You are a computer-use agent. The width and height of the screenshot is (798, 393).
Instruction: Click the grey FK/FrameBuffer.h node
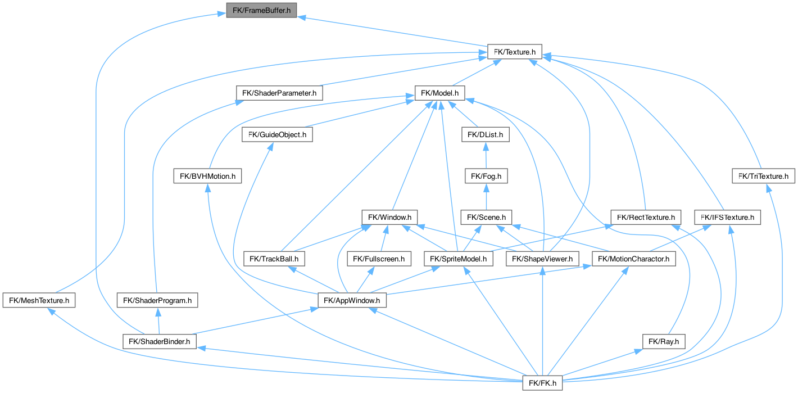pos(261,10)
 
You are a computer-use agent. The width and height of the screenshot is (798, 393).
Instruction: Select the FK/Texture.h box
pos(514,52)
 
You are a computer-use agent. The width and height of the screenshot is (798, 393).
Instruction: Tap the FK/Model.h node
pos(439,93)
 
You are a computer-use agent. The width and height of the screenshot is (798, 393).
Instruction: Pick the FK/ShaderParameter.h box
pos(279,93)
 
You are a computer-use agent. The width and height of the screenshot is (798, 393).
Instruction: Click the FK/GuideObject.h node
pos(277,135)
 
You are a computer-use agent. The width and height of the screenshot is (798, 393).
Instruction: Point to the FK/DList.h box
pos(485,135)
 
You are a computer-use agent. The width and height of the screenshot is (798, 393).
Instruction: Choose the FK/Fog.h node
pos(486,176)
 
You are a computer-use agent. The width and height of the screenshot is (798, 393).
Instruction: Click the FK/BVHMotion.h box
pos(207,176)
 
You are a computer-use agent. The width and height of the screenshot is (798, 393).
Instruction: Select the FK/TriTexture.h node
pos(764,176)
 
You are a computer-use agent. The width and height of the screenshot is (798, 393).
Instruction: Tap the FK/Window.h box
pos(389,218)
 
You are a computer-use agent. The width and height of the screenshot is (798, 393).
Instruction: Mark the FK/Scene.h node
pos(486,218)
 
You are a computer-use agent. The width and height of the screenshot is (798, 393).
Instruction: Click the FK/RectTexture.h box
pos(646,218)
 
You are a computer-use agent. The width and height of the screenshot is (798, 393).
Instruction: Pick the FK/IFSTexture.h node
pos(727,218)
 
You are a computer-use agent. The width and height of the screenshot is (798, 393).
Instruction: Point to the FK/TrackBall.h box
pos(274,259)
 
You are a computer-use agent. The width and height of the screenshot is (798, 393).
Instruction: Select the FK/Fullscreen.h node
pos(379,259)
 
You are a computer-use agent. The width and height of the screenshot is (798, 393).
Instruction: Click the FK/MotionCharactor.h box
pos(633,259)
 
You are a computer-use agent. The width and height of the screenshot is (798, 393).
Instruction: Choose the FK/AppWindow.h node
pos(352,300)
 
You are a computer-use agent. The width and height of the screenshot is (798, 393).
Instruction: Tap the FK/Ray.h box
pos(664,341)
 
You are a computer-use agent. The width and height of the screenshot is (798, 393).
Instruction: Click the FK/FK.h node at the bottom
pos(542,383)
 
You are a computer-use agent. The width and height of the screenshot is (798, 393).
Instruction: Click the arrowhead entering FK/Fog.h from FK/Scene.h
pos(486,188)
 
